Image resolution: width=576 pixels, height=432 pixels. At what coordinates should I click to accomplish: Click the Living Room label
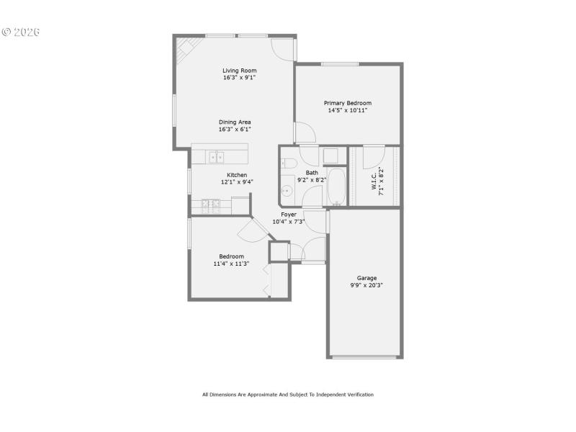[239, 71]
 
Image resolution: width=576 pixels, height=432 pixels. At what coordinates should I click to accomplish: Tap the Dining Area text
[235, 122]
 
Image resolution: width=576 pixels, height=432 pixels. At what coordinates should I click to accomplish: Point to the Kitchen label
[237, 175]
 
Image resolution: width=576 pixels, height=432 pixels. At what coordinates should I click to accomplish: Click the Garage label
[366, 278]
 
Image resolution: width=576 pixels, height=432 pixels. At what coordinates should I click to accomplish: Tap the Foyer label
[289, 215]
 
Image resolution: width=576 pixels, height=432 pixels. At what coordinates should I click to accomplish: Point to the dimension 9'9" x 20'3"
[366, 286]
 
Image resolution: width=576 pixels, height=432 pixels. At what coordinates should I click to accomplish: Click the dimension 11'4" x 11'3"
[231, 264]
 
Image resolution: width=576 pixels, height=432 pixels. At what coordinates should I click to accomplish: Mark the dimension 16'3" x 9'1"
[239, 78]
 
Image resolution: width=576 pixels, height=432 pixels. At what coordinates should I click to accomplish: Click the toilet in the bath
[287, 163]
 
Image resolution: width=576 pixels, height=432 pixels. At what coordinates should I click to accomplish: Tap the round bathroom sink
[287, 192]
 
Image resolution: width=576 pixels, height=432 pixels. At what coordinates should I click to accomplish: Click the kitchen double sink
[216, 156]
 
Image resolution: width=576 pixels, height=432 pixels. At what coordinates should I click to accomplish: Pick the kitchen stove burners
[211, 206]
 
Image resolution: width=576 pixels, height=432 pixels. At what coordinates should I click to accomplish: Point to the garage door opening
[366, 356]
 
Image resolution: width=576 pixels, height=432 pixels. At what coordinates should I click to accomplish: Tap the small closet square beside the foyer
[278, 251]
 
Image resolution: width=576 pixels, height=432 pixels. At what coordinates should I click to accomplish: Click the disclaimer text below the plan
[287, 395]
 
